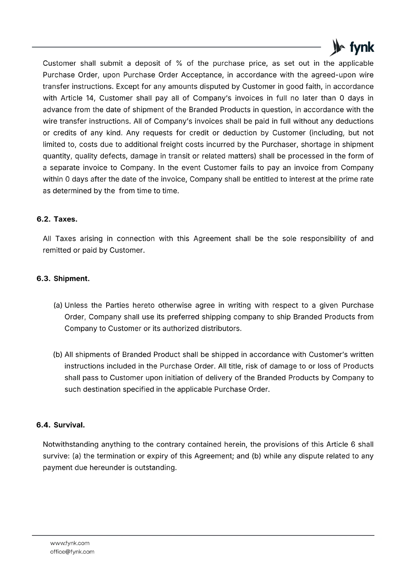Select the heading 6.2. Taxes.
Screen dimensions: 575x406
tap(57, 219)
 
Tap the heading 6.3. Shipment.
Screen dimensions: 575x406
tap(63, 279)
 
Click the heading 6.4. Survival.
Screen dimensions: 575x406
tap(60, 425)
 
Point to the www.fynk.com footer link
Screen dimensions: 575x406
tap(70, 543)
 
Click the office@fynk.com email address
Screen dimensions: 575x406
tap(72, 552)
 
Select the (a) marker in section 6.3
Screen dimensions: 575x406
tap(58, 305)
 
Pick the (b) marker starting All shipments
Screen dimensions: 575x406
tap(58, 354)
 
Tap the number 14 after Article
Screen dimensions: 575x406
tap(89, 98)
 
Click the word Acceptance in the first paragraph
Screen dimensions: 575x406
tap(202, 75)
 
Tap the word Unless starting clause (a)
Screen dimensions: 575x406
tap(76, 305)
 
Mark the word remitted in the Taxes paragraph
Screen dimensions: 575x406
tap(56, 250)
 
